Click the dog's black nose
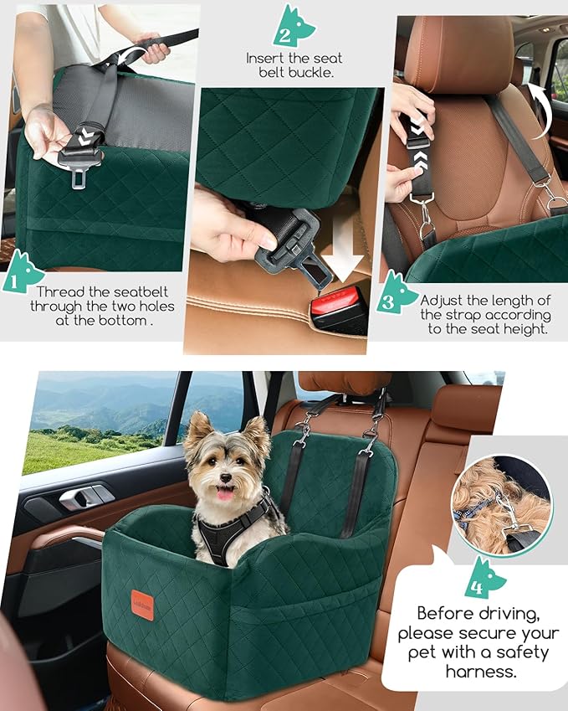(x=225, y=477)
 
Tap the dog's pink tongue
(x=226, y=493)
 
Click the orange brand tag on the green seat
(x=143, y=605)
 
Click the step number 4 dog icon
(x=484, y=578)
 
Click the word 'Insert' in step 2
(x=265, y=58)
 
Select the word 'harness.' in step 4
(x=481, y=671)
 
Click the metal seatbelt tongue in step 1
(x=78, y=178)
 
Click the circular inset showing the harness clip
(x=502, y=506)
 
